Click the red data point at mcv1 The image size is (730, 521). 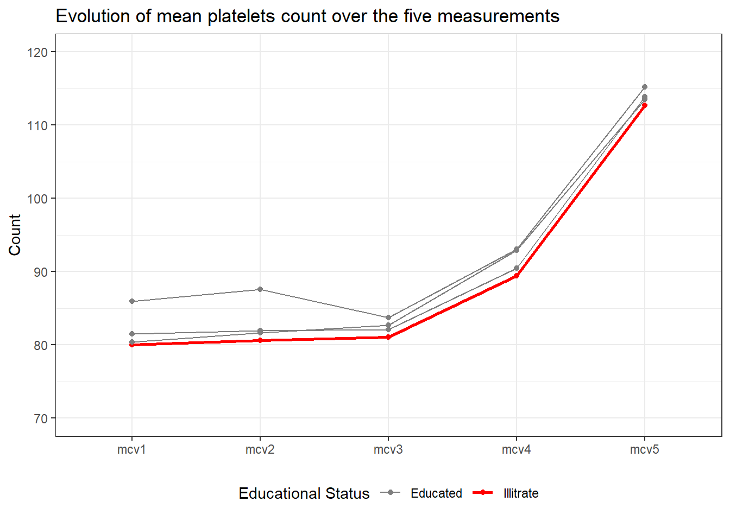(132, 345)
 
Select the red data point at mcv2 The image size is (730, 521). (260, 340)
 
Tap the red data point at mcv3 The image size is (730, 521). (388, 337)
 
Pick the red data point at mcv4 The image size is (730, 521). (516, 276)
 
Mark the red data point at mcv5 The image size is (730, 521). (644, 105)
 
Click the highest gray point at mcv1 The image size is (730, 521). (132, 301)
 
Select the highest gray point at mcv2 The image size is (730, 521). (260, 289)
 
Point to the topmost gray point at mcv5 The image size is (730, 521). (644, 87)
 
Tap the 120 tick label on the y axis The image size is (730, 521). (37, 52)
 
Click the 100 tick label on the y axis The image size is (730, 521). (37, 199)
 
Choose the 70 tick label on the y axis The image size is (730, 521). (40, 418)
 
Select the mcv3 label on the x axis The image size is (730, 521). (388, 450)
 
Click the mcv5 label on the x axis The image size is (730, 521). (644, 450)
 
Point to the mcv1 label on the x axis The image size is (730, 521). (131, 450)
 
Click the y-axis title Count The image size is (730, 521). (15, 235)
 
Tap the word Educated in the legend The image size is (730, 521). (436, 493)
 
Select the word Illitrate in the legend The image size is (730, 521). (521, 493)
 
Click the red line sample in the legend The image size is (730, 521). (483, 493)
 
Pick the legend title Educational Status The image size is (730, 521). (304, 494)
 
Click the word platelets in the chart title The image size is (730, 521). (241, 16)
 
